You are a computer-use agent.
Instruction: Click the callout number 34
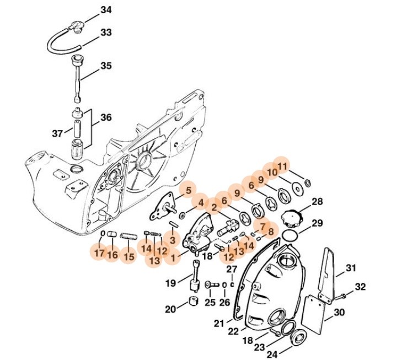pos(106,10)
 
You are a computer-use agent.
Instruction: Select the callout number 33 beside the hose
pos(106,33)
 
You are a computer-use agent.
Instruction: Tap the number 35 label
pos(106,66)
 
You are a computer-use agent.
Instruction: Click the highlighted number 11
pos(282,165)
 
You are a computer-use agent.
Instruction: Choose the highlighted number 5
pos(188,190)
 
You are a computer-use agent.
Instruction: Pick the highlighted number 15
pos(128,256)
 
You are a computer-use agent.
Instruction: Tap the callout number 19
pos(171,282)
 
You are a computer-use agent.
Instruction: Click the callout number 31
pos(352,268)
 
